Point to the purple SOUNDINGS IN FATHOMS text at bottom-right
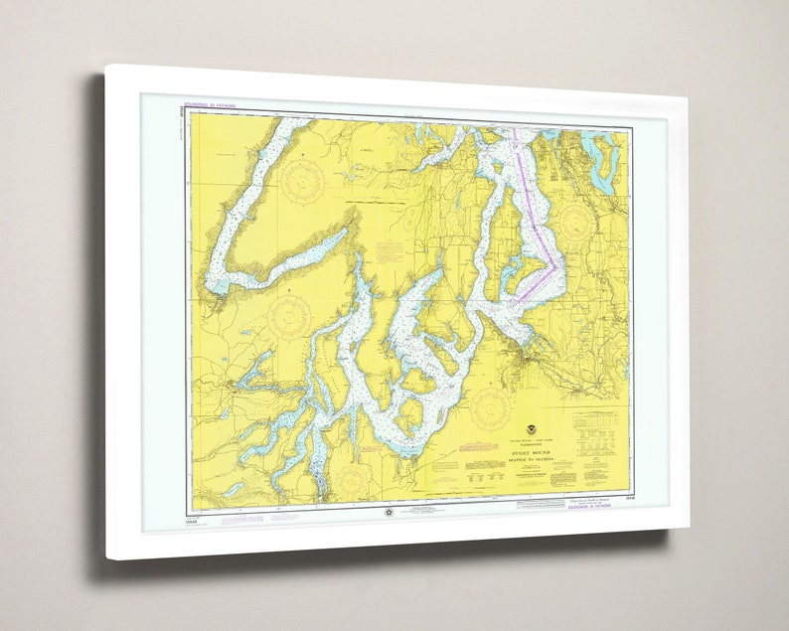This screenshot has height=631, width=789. [590, 505]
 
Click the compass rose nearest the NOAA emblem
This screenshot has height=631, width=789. [490, 406]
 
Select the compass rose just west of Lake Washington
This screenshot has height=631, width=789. [576, 225]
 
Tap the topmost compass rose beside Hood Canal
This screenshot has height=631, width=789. [301, 180]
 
